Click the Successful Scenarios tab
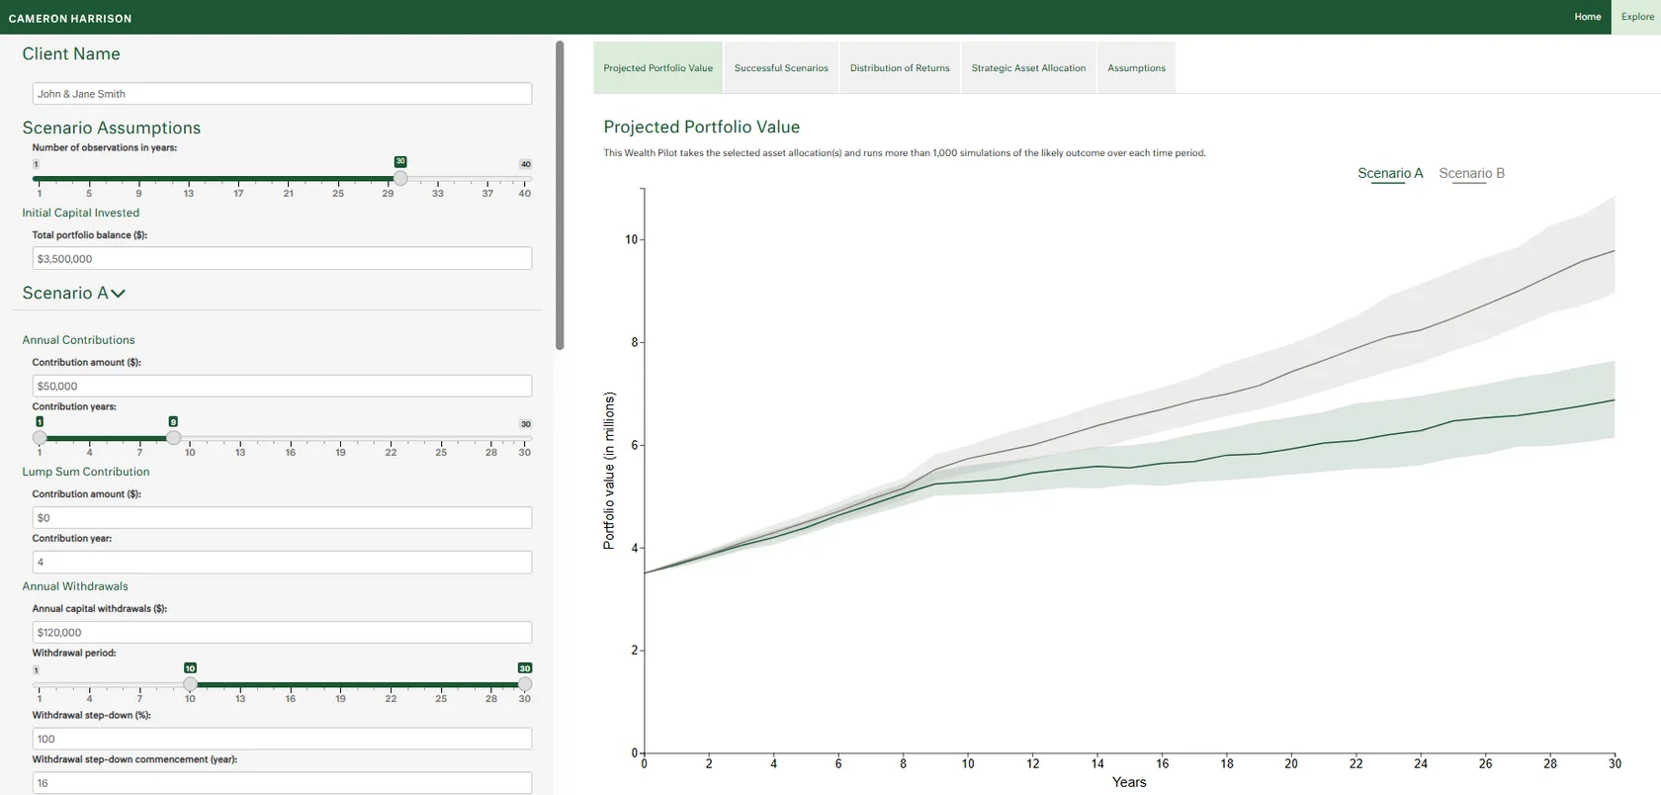(781, 68)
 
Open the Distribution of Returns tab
(900, 68)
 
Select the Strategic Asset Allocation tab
(1028, 68)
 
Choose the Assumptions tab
(1136, 68)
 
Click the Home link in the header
(1587, 17)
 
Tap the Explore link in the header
(1637, 17)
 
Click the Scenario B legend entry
(1471, 173)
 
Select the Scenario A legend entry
(1390, 173)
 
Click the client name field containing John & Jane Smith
(282, 94)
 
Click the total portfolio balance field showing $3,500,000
(282, 259)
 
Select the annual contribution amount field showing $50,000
(282, 387)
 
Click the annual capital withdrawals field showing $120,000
(282, 633)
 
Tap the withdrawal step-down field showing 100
(282, 740)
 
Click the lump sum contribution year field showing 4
(282, 563)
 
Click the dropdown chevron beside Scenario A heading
(119, 294)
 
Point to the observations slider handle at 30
(400, 179)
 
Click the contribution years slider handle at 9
(174, 438)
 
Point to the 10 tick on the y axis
(631, 239)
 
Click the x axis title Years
(1129, 782)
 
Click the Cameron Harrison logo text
(70, 18)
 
